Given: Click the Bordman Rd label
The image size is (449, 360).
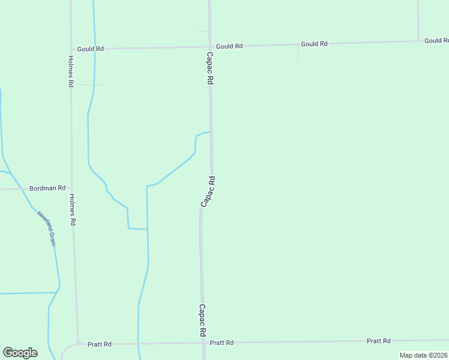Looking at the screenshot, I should point(47,188).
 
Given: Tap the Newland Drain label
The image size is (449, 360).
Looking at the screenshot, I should point(46,223).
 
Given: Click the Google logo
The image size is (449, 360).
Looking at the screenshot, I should point(20,353).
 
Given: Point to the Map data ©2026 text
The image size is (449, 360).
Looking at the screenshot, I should point(423,355).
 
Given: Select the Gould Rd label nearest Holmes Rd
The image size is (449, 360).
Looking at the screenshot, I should point(91,49).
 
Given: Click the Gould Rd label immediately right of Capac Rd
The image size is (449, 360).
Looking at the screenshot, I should point(229,46).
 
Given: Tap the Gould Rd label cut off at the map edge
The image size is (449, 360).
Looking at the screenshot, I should point(436,41).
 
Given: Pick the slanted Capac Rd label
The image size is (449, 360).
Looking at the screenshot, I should point(208,192).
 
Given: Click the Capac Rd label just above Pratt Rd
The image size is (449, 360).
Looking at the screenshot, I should point(203,320).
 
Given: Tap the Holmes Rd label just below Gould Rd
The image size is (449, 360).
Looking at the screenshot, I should point(71,71).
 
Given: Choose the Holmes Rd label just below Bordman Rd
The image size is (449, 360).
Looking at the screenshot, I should point(73,209).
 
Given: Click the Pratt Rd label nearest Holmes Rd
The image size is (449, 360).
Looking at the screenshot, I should point(100,344).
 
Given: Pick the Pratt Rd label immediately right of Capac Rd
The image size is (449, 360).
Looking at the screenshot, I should point(221,343).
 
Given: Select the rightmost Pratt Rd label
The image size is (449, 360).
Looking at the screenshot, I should point(379,341).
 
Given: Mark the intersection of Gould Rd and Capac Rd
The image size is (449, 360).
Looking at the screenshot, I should point(210,46).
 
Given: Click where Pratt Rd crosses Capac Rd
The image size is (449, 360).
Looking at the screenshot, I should point(203,343).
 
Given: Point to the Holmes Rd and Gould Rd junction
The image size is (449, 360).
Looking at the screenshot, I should point(71,49).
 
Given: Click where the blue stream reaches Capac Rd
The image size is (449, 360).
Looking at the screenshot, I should point(210,132).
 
